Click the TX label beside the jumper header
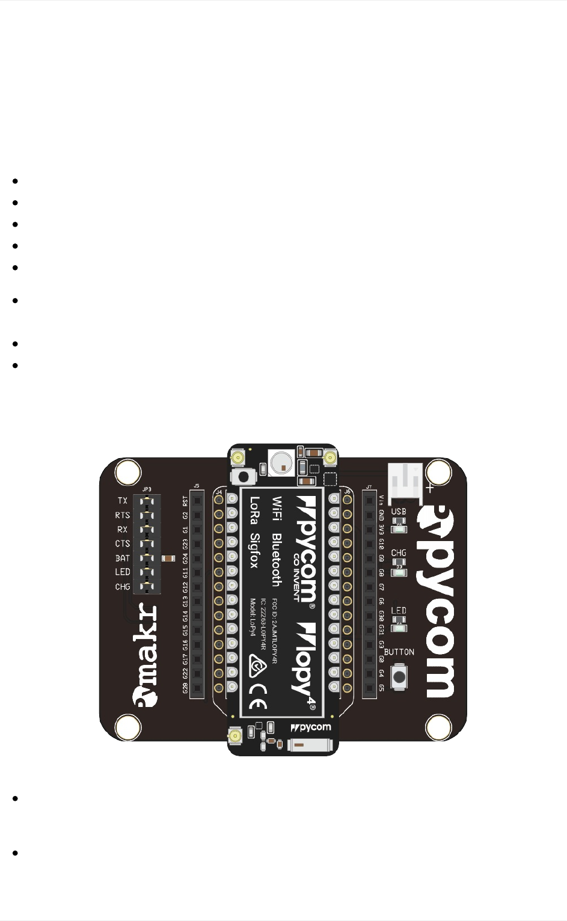[123, 500]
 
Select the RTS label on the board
[123, 515]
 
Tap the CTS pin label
[123, 543]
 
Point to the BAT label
[123, 558]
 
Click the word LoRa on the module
[255, 510]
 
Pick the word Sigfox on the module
[255, 550]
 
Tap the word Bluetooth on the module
[277, 559]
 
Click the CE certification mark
[258, 697]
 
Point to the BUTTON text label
[399, 652]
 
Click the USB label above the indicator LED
[399, 512]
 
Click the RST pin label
[185, 501]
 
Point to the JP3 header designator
[147, 489]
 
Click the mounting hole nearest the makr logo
[128, 727]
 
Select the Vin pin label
[381, 501]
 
